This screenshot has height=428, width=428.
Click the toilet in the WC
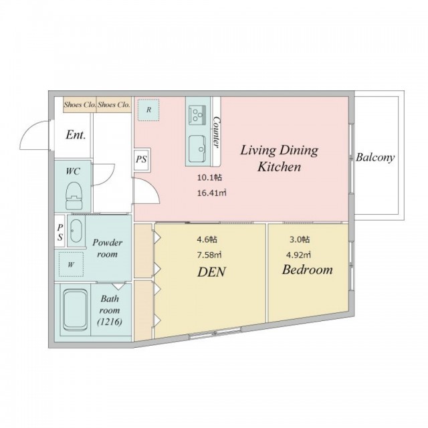click(x=74, y=195)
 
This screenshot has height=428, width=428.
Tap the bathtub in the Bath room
click(x=75, y=310)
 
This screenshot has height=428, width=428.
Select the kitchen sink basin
click(x=197, y=148)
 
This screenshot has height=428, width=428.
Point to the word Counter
click(x=217, y=132)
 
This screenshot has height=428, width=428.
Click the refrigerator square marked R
click(x=148, y=110)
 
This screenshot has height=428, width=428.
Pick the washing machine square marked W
click(x=71, y=264)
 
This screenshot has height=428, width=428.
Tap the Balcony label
click(x=375, y=158)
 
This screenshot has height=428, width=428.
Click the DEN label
click(x=211, y=272)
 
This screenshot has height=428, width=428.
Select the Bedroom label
click(x=308, y=270)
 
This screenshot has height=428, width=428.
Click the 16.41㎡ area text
click(x=212, y=193)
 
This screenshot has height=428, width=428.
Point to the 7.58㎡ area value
click(x=209, y=255)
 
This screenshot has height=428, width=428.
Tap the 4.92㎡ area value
click(x=298, y=255)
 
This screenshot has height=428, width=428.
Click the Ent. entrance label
click(x=76, y=135)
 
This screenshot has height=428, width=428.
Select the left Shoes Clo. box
click(x=80, y=104)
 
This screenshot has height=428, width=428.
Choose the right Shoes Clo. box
click(x=114, y=104)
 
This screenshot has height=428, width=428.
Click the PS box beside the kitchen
click(x=142, y=159)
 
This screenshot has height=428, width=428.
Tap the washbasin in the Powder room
click(x=76, y=231)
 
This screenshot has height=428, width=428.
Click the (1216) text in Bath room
click(x=110, y=322)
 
